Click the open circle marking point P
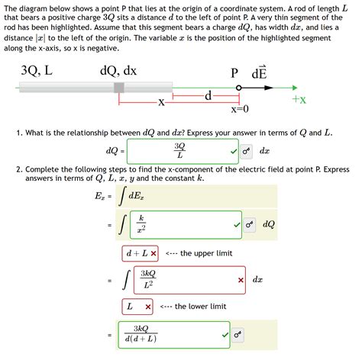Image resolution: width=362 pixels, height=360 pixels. coord(240,88)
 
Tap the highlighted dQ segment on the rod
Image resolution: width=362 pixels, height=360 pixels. coord(119,88)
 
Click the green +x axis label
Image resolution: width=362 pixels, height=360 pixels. coord(299,100)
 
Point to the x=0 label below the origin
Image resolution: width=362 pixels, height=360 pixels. coord(241,108)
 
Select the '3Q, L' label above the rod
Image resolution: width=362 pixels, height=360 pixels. coord(37,71)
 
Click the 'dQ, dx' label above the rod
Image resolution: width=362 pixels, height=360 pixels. coord(118,71)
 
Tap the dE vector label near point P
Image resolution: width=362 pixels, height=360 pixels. coord(259,73)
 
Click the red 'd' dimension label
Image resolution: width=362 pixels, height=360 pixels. coord(208,96)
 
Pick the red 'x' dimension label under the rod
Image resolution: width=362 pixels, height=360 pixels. coord(161,101)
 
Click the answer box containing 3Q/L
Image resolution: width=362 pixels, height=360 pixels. coord(179,150)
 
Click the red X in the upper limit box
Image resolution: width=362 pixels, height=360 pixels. coord(154,253)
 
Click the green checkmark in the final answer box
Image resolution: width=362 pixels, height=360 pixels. coord(225,334)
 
